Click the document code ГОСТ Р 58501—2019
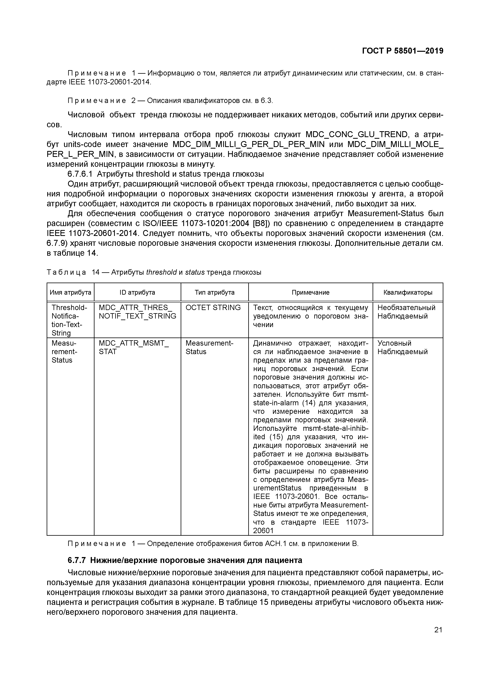pyautogui.click(x=402, y=51)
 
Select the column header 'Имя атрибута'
pyautogui.click(x=70, y=292)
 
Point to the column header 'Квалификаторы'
pyautogui.click(x=408, y=292)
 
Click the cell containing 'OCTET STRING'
pyautogui.click(x=213, y=307)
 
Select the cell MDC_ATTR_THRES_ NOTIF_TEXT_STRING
pyautogui.click(x=137, y=312)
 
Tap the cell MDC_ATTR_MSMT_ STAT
pyautogui.click(x=134, y=347)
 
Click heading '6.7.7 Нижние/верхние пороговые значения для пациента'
pyautogui.click(x=185, y=560)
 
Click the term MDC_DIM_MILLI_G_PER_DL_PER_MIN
pyautogui.click(x=248, y=144)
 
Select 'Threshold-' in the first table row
pyautogui.click(x=69, y=307)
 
